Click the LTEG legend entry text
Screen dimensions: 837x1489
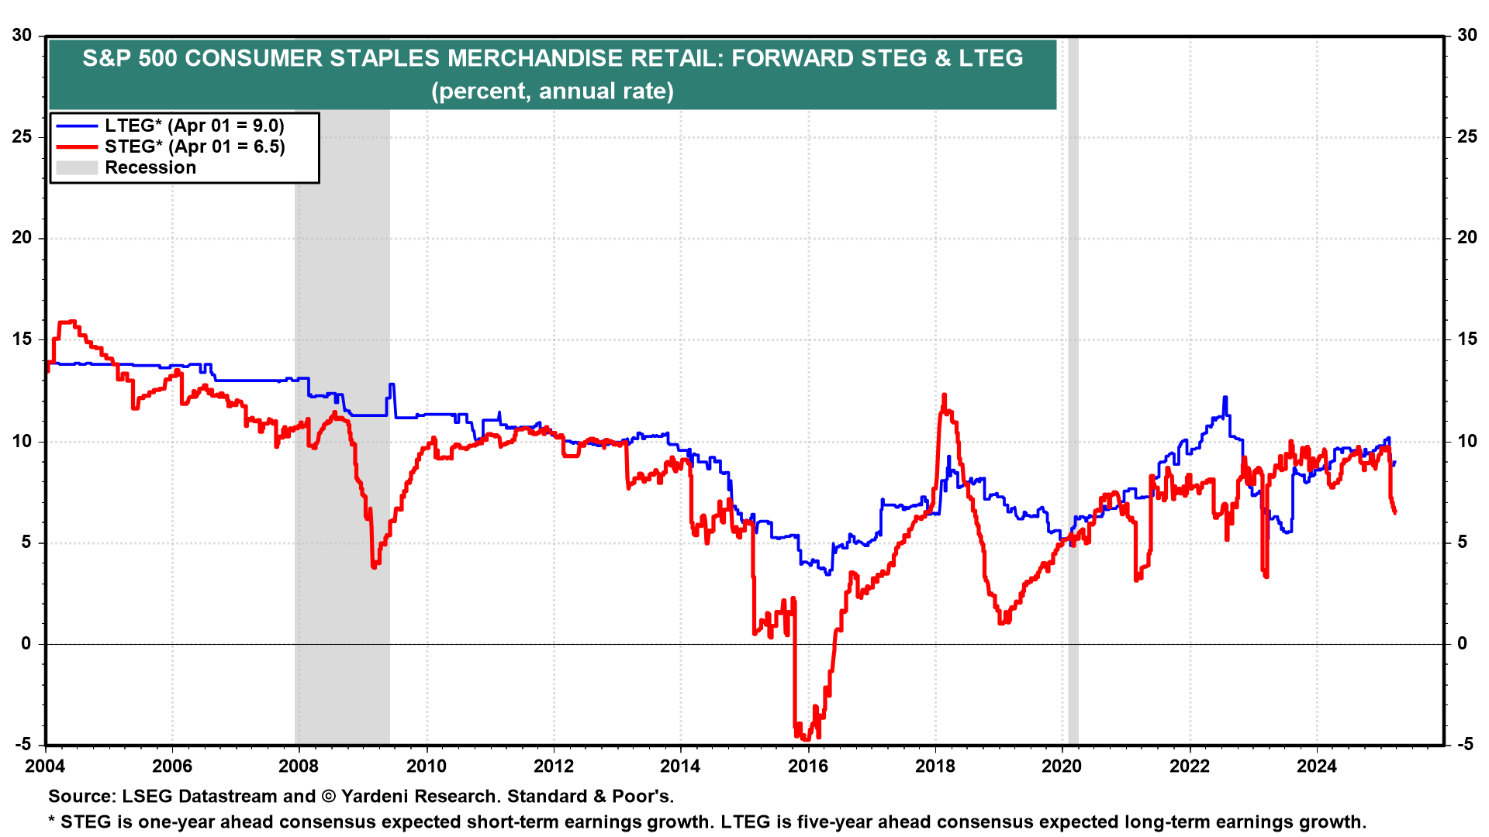(194, 126)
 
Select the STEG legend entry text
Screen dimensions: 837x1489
(195, 146)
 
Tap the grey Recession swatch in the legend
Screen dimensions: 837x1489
(77, 167)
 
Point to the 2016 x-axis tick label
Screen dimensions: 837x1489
(807, 766)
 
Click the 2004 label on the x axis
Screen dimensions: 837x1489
(45, 766)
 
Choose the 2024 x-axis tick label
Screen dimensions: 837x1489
(1316, 766)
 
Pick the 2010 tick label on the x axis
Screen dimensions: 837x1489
(427, 766)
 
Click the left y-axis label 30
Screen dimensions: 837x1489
(22, 36)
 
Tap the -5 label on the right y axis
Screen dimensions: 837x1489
(1465, 745)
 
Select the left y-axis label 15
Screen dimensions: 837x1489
(22, 339)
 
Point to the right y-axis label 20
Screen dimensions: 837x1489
(1467, 238)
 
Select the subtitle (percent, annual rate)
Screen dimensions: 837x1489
(552, 91)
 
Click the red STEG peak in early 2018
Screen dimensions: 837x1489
(944, 396)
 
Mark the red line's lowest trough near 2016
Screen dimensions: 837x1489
(807, 738)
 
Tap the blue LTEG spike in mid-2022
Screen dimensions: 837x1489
(1225, 398)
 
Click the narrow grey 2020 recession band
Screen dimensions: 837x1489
(1073, 387)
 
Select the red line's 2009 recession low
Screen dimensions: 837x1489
(374, 567)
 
